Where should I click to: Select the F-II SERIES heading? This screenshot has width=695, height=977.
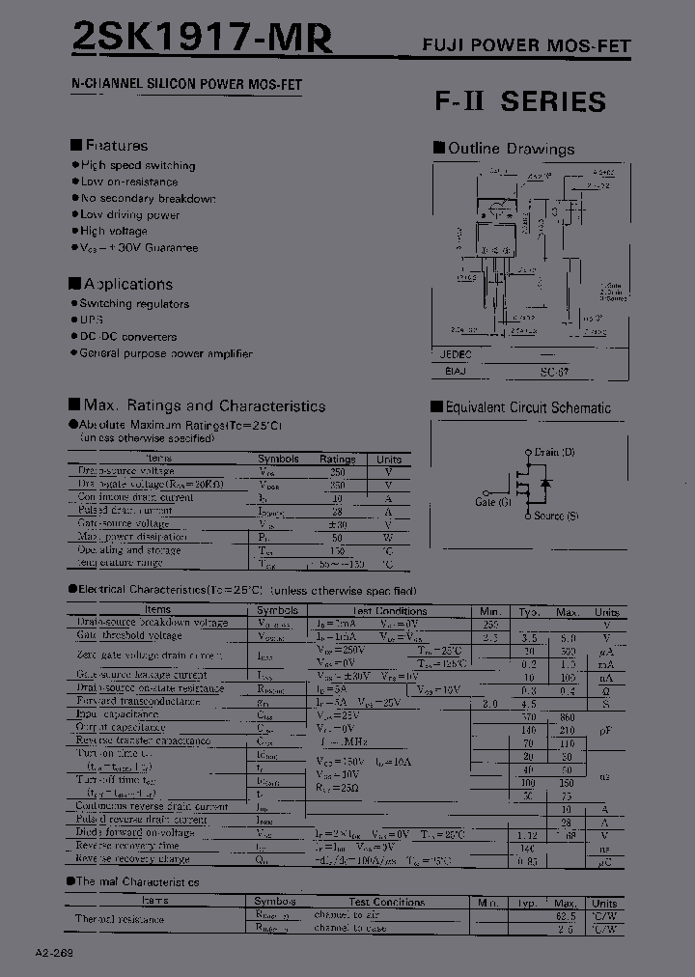520,101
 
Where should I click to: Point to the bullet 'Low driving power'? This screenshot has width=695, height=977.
129,215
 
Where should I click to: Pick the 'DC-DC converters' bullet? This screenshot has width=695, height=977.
127,337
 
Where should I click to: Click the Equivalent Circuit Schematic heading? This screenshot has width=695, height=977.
527,408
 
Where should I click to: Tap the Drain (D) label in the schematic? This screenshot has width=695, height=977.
554,452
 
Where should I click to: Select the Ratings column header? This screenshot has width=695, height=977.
338,460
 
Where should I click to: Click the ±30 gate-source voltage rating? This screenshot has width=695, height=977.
338,523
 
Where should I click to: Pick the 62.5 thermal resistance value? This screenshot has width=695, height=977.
567,915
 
